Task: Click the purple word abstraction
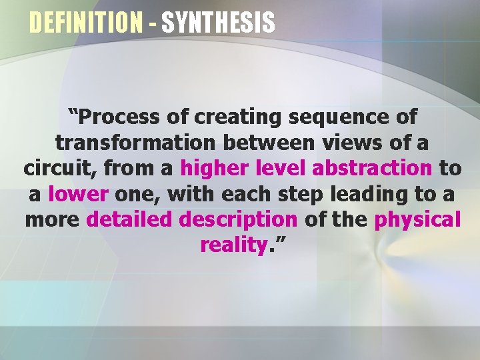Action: click(x=371, y=168)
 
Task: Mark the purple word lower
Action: click(x=79, y=194)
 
